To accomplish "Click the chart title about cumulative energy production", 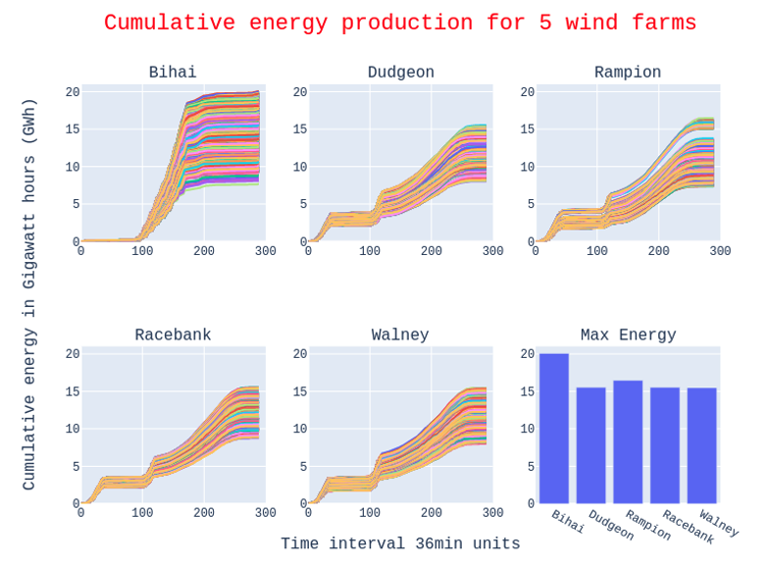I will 400,24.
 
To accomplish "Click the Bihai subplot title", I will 173,73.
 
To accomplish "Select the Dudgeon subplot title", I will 400,73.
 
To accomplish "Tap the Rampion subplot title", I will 628,73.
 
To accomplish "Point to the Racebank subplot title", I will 173,335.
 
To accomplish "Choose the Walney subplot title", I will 400,335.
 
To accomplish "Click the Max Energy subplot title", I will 628,335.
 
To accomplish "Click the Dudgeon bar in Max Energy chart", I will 590,445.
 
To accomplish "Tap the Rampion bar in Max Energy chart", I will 628,441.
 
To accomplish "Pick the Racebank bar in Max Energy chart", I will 665,445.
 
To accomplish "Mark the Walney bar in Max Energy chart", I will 701,445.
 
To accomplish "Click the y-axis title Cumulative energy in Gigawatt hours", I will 29,294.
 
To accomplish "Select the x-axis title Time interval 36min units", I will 400,543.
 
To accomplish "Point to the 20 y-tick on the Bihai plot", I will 73,92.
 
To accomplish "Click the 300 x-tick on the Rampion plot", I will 720,252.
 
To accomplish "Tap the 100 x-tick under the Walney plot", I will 370,514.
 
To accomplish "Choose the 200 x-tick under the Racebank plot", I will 204,514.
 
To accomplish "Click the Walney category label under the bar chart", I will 719,524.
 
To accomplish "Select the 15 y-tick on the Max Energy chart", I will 528,391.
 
